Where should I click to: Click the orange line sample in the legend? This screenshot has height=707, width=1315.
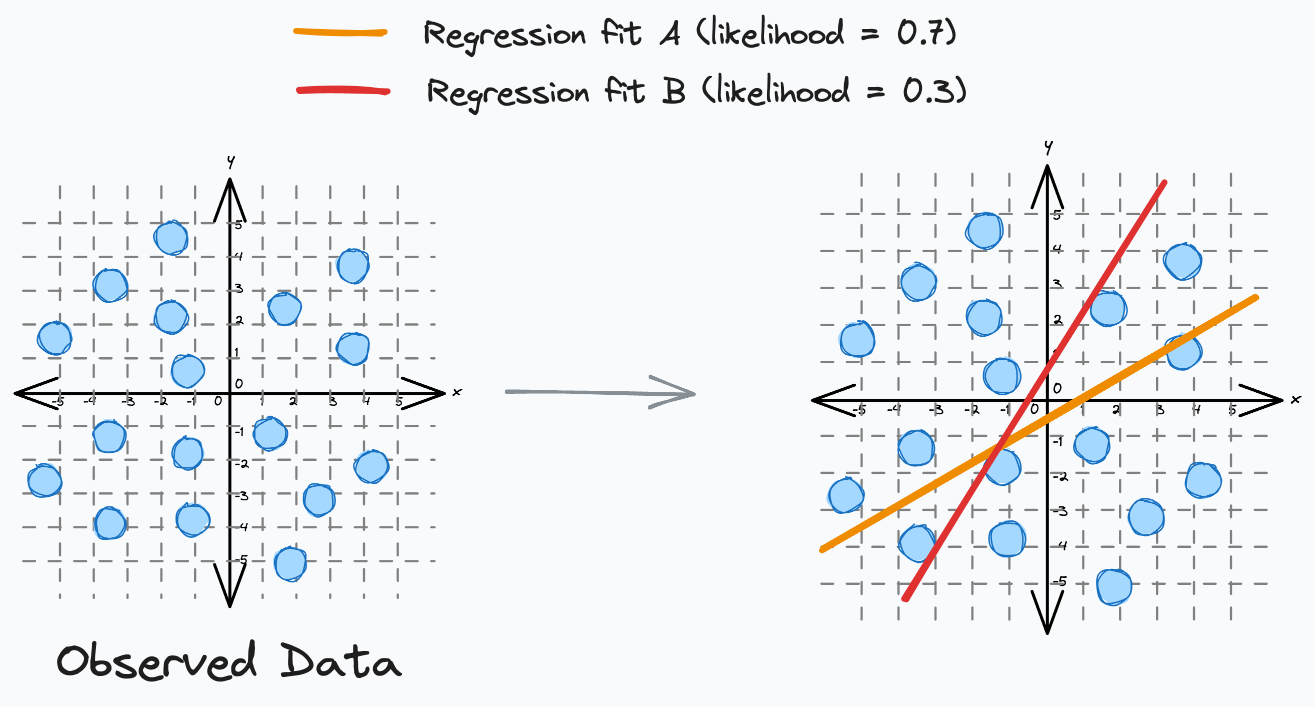[x=340, y=33]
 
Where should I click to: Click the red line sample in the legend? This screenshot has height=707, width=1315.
[x=343, y=91]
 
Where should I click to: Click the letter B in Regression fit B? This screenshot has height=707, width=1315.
[x=673, y=92]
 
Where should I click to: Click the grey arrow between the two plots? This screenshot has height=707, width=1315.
[x=600, y=392]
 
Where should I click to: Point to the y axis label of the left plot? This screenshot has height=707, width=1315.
[x=230, y=162]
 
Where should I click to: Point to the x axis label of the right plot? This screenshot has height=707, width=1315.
[x=1295, y=399]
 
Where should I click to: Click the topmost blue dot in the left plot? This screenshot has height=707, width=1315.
[x=171, y=238]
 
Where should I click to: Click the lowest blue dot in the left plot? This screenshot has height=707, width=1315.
[x=290, y=564]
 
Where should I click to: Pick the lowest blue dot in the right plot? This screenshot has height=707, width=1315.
[x=1114, y=587]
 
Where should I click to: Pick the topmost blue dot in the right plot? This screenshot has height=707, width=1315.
[x=984, y=231]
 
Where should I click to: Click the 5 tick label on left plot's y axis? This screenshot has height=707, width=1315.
[x=238, y=225]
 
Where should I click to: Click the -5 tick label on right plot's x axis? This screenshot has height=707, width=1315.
[x=859, y=410]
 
